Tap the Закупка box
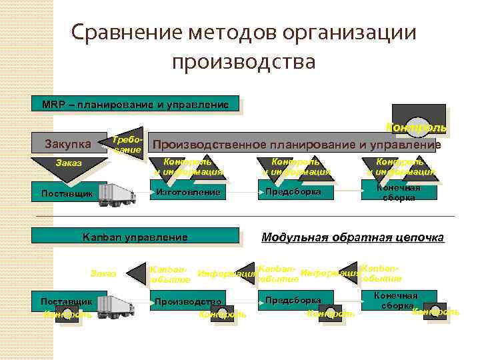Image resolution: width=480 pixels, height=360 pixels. point(67,143)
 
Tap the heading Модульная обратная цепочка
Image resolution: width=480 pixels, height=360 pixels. point(352,237)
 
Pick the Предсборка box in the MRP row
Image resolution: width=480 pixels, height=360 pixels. point(293,192)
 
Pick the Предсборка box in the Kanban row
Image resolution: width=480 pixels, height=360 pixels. point(293,301)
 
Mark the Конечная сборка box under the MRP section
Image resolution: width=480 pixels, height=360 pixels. point(399,192)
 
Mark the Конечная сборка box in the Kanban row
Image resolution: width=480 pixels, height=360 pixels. point(399,300)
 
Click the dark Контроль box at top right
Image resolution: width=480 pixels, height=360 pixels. point(418,115)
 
